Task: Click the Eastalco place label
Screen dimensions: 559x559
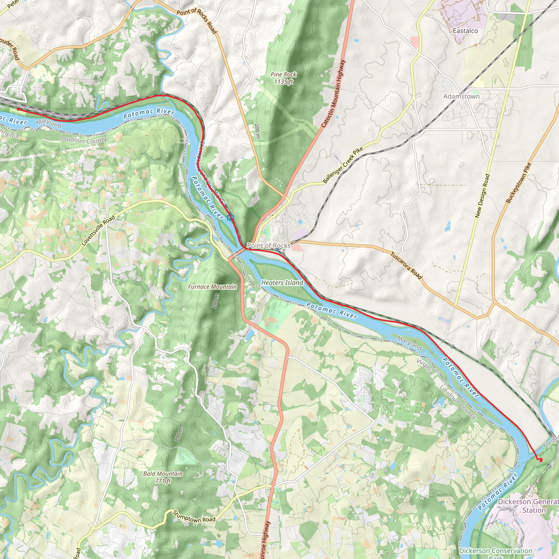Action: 465,31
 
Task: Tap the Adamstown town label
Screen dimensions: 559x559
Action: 462,96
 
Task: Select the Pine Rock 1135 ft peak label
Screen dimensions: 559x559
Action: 284,78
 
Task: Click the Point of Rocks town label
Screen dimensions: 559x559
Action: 269,246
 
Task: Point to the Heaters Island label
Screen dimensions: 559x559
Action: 282,283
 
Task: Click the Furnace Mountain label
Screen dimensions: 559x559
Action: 212,287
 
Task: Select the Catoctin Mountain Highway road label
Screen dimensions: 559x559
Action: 333,93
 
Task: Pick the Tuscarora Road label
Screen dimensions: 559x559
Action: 406,266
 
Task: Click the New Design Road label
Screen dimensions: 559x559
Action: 482,196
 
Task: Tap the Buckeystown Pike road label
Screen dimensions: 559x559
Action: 519,183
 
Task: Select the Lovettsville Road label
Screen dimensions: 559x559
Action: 98,231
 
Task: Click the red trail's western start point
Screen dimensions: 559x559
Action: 18,109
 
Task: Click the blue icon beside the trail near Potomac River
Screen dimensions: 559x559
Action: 230,217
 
